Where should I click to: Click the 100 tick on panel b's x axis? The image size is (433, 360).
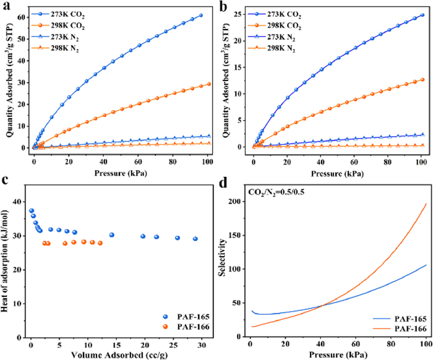coord(421,160)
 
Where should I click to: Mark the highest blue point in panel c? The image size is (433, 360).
coord(32,228)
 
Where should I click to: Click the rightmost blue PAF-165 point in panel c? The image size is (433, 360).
coord(195,256)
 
